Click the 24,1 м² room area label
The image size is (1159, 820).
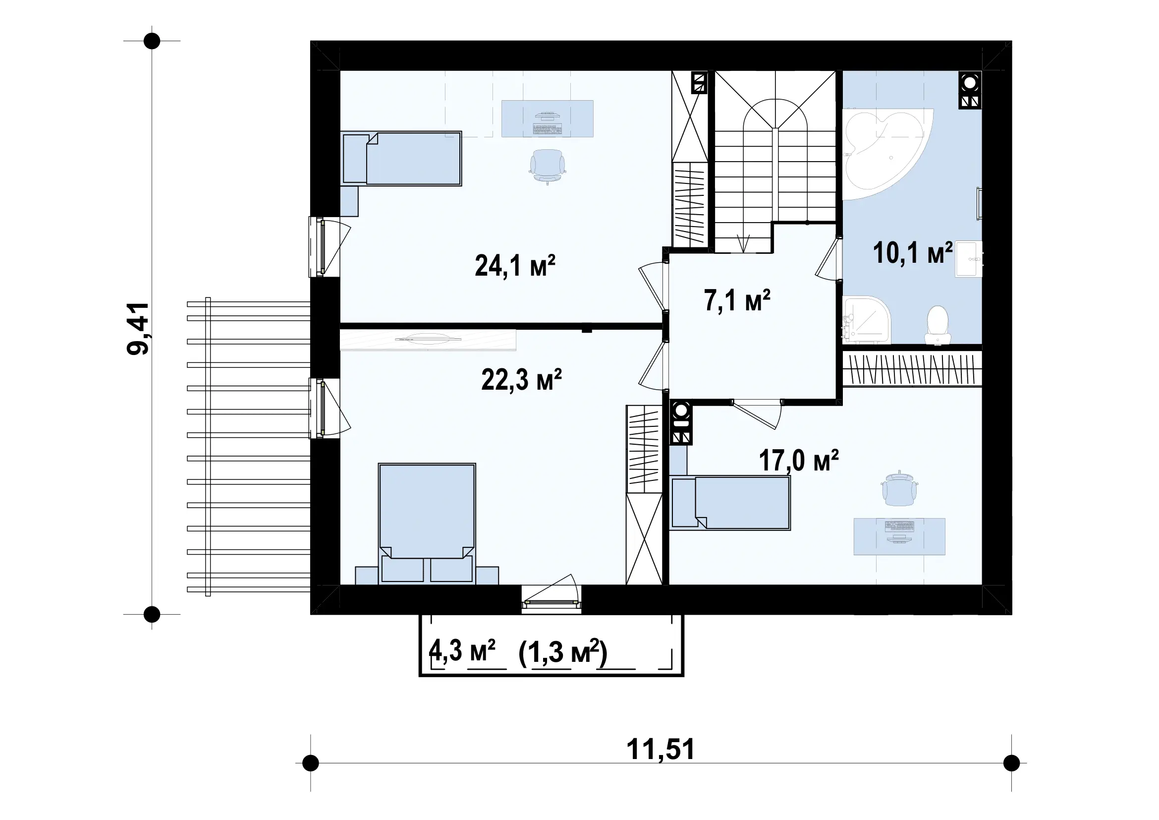click(515, 266)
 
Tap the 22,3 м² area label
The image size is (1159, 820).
click(521, 379)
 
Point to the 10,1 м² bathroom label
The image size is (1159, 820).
click(913, 252)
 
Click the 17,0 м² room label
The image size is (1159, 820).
click(799, 460)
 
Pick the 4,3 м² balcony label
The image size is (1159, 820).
click(462, 651)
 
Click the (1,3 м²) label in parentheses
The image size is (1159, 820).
click(563, 652)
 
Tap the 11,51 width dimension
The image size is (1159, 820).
click(660, 749)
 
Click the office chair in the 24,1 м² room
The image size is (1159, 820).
click(547, 166)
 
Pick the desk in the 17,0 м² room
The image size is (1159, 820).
click(899, 536)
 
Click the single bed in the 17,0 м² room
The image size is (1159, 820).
click(730, 503)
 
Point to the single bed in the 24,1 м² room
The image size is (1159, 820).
click(401, 159)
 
